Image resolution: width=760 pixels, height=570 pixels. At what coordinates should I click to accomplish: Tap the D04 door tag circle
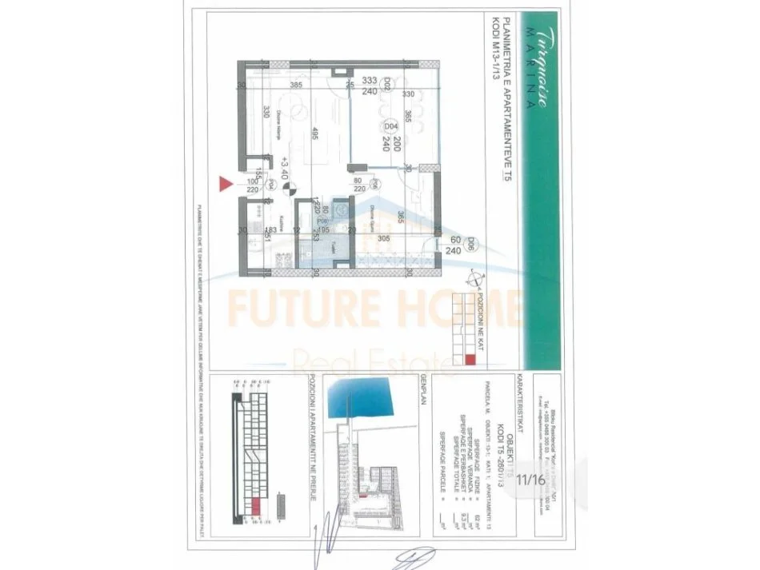tap(391, 126)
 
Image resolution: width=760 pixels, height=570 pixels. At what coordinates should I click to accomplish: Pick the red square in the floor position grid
tap(470, 359)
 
